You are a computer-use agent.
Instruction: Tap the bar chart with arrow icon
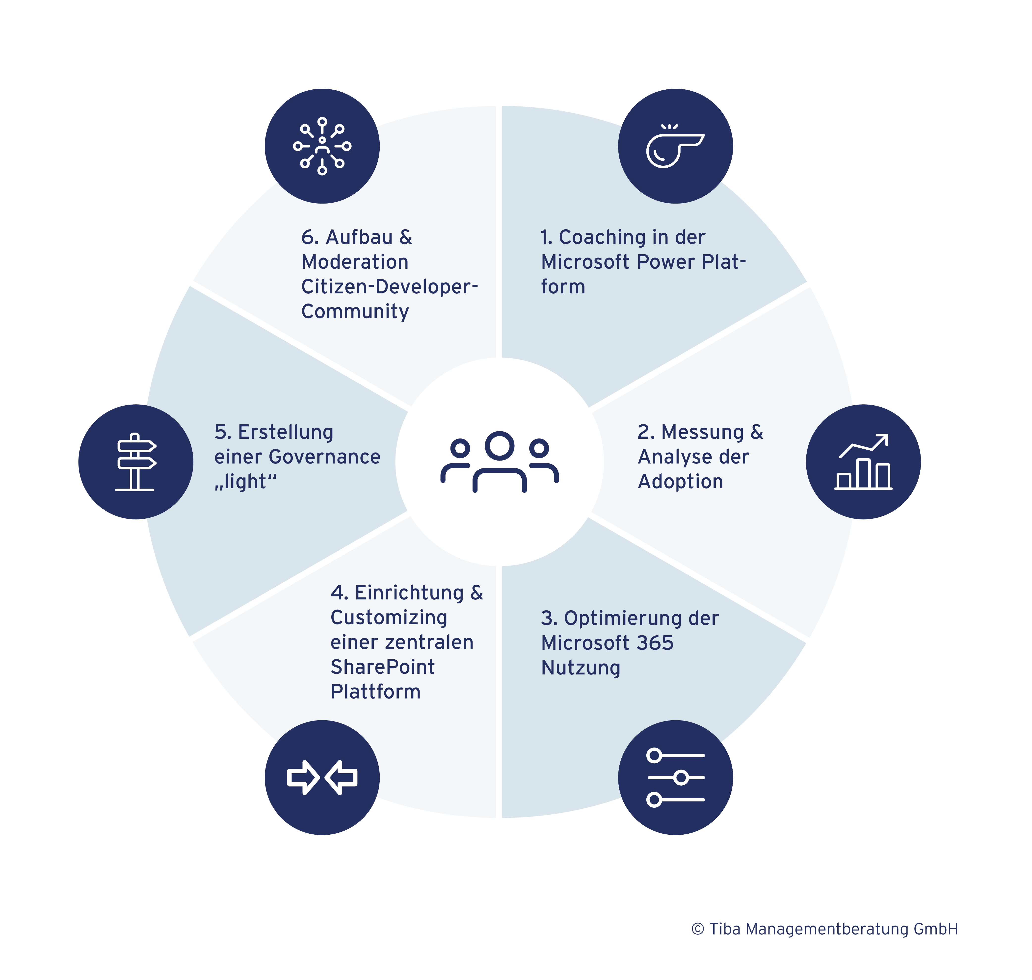click(863, 462)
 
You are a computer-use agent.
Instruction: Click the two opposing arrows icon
click(322, 777)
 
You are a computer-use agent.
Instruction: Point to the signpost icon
click(136, 462)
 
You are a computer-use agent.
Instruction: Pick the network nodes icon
click(322, 146)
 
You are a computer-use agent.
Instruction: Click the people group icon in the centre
click(500, 462)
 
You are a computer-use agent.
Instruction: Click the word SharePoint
click(382, 667)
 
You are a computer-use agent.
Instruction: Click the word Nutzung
click(581, 668)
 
